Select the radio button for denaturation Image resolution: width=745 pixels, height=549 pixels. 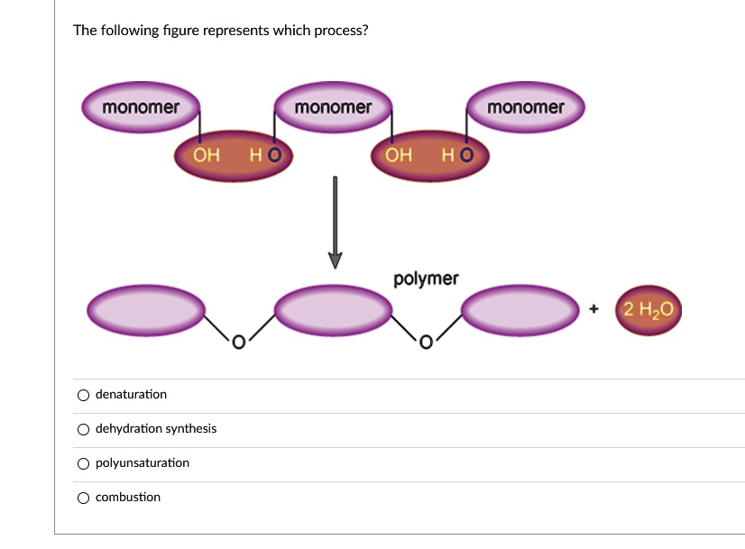click(x=83, y=395)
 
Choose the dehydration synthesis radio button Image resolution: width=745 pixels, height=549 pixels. click(x=83, y=429)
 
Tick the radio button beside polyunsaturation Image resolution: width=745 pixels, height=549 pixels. click(x=83, y=463)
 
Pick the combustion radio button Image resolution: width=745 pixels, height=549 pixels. click(x=83, y=498)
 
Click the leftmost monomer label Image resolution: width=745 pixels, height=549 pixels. click(x=141, y=108)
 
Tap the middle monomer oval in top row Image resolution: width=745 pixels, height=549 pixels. click(x=333, y=108)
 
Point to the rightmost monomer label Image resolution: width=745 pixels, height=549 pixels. click(x=525, y=108)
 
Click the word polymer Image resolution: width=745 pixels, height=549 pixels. click(x=426, y=279)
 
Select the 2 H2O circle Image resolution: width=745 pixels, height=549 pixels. click(x=648, y=310)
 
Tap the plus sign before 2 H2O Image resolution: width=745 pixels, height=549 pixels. click(x=593, y=309)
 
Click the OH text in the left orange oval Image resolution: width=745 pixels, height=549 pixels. click(x=207, y=155)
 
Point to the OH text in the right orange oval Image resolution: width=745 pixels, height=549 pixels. click(x=399, y=155)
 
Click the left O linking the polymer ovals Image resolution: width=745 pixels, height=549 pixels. click(x=237, y=342)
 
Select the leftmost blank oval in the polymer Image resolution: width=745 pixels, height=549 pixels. click(x=145, y=310)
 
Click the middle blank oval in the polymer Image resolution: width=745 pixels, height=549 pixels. click(x=333, y=310)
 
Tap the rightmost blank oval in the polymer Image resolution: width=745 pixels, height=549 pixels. click(x=520, y=310)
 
